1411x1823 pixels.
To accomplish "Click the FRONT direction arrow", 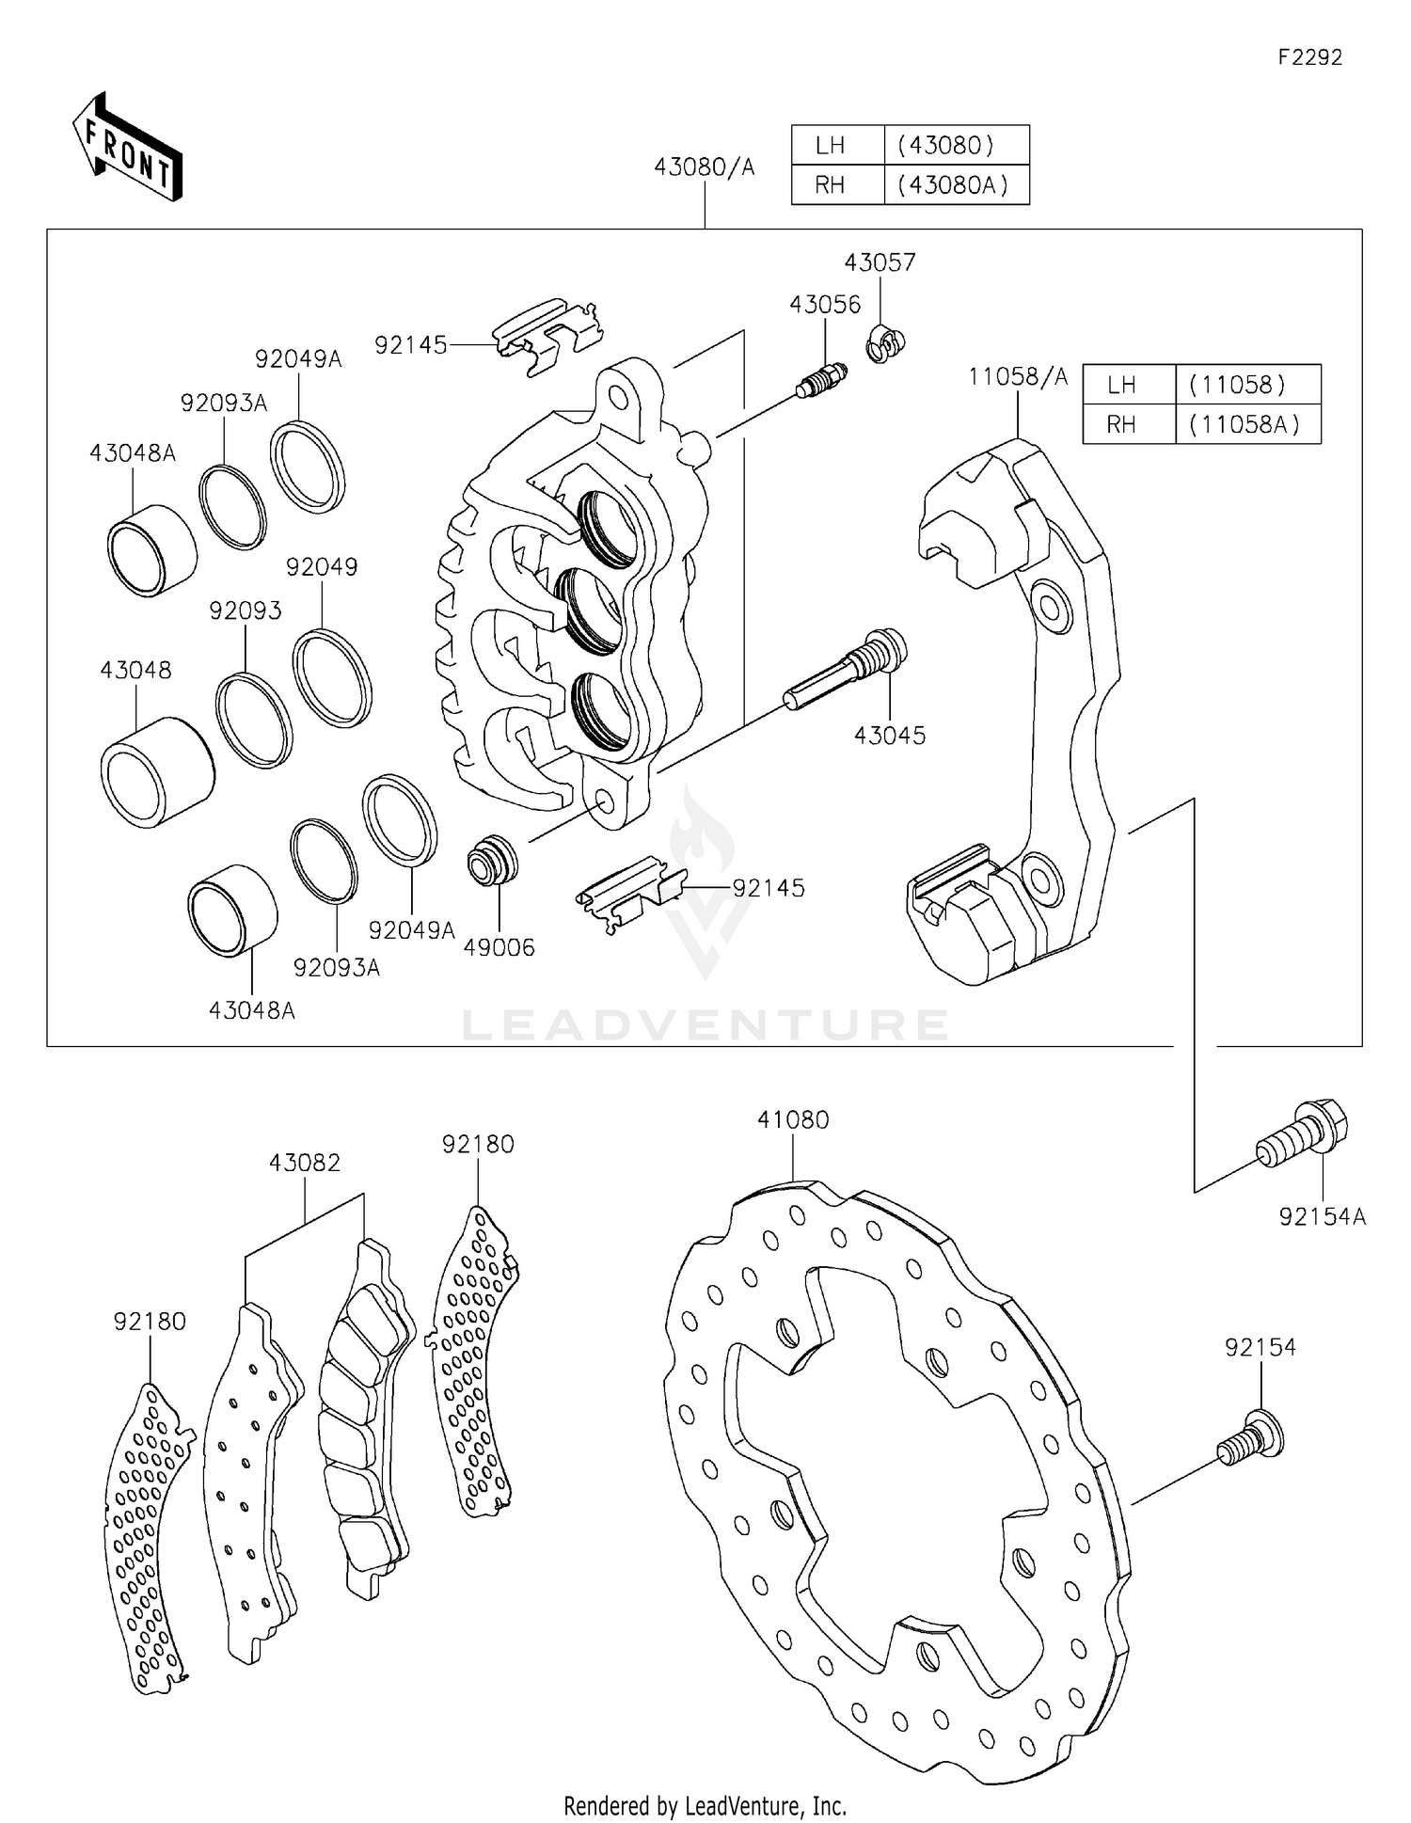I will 127,148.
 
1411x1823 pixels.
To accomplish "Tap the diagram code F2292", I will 1309,57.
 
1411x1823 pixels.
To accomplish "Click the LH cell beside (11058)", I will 1121,385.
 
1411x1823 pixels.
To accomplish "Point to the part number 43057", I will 880,262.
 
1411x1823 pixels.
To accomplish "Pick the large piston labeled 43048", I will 156,772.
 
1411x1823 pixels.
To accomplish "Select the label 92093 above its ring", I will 246,611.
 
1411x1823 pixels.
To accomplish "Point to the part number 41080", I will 793,1120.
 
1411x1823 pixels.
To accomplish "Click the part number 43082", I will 305,1163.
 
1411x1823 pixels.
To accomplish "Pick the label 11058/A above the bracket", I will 1018,377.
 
